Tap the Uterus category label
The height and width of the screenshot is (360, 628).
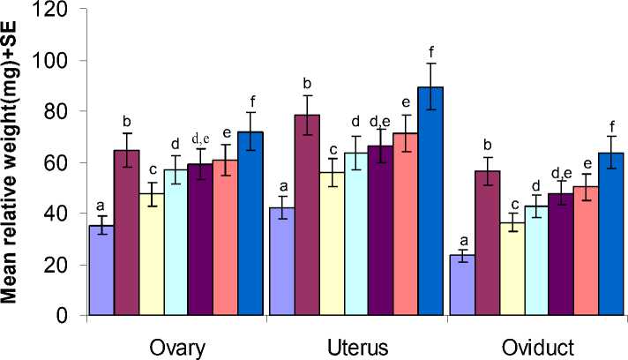pos(356,346)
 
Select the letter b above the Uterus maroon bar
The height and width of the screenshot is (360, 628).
pos(307,83)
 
